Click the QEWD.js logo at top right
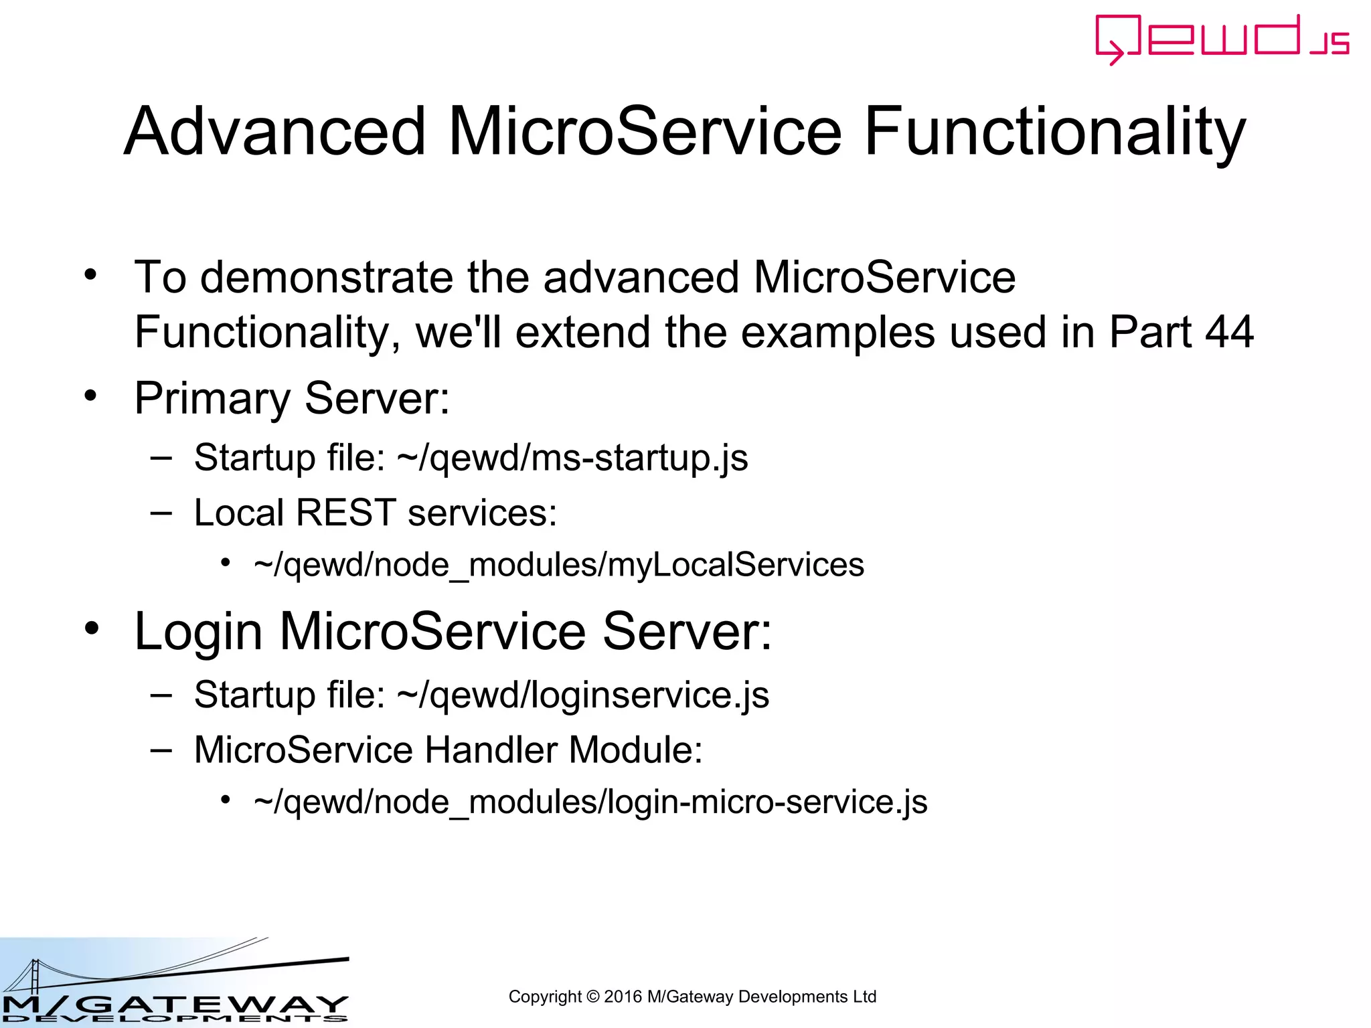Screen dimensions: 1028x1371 [x=1221, y=39]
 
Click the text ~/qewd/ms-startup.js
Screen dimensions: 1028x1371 [x=572, y=458]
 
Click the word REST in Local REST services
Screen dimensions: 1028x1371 [x=345, y=513]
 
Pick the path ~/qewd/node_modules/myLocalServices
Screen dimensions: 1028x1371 [x=559, y=565]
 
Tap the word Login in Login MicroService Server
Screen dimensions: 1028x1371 [x=199, y=631]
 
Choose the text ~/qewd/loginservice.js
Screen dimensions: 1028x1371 [x=583, y=695]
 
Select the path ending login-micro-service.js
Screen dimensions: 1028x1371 [x=590, y=802]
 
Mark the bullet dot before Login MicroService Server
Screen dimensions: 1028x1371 [x=92, y=628]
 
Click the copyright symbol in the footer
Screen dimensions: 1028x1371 [x=592, y=997]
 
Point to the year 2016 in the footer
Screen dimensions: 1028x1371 [x=623, y=997]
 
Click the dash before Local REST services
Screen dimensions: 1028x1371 [x=161, y=513]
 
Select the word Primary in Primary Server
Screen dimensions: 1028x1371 [x=212, y=399]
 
